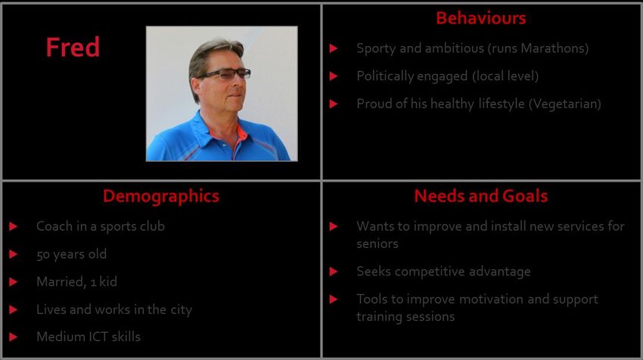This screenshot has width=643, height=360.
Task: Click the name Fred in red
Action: pos(73,47)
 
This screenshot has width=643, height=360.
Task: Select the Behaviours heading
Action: pos(480,18)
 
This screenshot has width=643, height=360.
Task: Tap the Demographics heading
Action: pos(160,197)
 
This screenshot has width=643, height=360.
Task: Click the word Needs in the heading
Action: pos(440,196)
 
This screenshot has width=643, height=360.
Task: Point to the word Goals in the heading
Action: pos(525,196)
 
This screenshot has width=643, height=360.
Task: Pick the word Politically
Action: pos(383,76)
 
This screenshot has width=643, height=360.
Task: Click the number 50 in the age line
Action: pos(43,255)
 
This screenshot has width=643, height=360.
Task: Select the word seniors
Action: pos(377,244)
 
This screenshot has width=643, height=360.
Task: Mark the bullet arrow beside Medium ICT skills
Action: pos(13,337)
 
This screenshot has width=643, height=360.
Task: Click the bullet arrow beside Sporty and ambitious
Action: pos(334,48)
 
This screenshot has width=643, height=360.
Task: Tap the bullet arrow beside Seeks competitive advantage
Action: pos(334,272)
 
